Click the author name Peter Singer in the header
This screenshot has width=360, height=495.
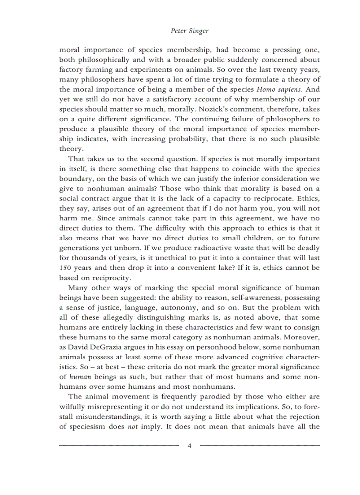189,31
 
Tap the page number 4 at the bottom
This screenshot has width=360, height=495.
189,446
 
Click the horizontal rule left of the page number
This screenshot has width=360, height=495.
119,445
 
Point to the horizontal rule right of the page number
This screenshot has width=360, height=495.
260,445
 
